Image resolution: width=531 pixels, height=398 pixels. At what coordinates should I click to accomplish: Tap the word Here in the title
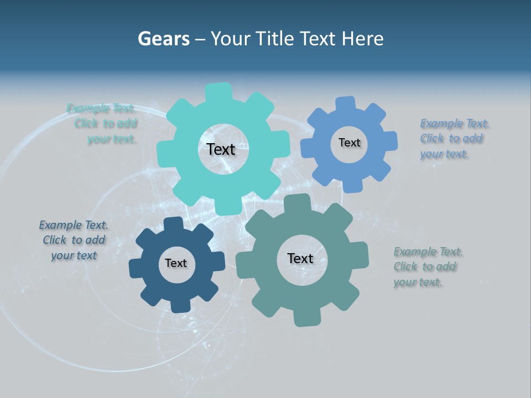[362, 39]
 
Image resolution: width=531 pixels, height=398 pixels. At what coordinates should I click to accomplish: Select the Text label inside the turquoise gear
[221, 149]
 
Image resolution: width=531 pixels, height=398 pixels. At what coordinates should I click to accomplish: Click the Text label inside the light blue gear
[349, 143]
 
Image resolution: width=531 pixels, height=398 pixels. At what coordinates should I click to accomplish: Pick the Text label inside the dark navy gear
[176, 263]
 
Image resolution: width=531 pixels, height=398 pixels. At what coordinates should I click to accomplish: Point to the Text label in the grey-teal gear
[300, 258]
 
